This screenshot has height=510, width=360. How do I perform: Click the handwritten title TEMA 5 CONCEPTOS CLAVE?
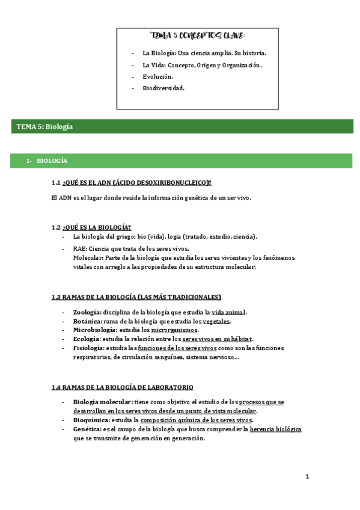click(x=197, y=35)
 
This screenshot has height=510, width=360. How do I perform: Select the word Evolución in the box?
click(x=157, y=76)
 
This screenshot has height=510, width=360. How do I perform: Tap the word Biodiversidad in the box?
click(x=163, y=88)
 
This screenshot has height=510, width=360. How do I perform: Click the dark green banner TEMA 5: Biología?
click(x=44, y=126)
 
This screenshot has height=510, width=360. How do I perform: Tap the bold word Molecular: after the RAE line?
click(x=87, y=257)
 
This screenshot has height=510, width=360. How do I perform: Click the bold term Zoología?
click(x=87, y=312)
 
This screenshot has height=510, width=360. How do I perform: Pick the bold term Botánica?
click(x=87, y=321)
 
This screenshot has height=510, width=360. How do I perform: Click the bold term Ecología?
click(x=86, y=339)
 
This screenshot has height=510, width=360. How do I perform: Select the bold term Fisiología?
click(x=88, y=348)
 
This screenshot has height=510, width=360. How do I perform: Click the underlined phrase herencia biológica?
click(x=275, y=429)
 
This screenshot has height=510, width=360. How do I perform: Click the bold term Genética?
click(x=86, y=429)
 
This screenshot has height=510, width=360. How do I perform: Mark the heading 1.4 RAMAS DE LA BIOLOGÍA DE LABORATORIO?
click(x=123, y=387)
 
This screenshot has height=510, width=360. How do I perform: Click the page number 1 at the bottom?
click(x=307, y=477)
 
